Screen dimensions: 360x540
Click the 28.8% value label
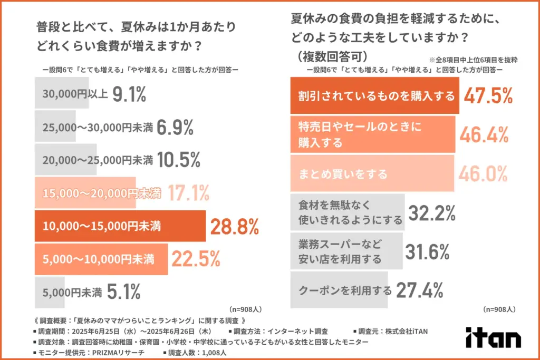click(235, 227)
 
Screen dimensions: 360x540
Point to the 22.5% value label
click(195, 259)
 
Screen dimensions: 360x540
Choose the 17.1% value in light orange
click(189, 194)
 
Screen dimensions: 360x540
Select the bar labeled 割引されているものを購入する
click(375, 96)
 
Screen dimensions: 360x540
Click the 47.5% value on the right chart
click(488, 96)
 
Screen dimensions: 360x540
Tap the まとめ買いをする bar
click(372, 174)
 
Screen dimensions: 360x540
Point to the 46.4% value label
click(484, 135)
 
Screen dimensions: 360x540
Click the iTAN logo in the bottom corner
click(493, 337)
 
